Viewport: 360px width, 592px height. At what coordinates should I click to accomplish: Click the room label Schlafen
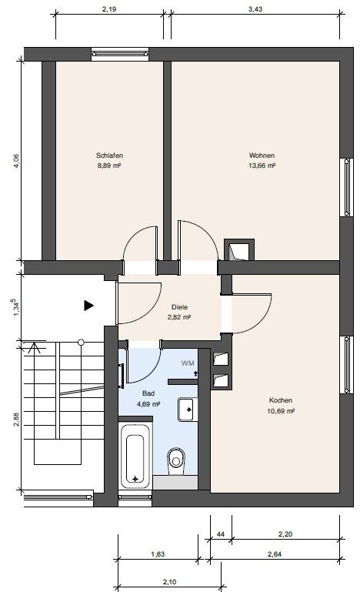click(x=110, y=155)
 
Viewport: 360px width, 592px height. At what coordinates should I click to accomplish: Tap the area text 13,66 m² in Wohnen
click(x=262, y=165)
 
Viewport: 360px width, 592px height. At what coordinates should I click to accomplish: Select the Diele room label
click(x=179, y=306)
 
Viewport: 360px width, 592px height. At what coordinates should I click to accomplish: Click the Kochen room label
click(x=281, y=400)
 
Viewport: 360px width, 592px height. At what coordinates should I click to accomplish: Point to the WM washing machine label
click(x=188, y=362)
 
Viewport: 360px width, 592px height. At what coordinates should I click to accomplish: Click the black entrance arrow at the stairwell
click(x=88, y=306)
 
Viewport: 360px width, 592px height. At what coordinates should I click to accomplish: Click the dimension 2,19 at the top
click(x=108, y=9)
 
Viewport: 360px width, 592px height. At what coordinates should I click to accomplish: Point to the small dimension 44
click(x=220, y=533)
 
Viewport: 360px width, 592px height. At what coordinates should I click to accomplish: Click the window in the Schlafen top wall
click(x=115, y=54)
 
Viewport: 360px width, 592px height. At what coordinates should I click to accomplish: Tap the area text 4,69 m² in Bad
click(x=148, y=403)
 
